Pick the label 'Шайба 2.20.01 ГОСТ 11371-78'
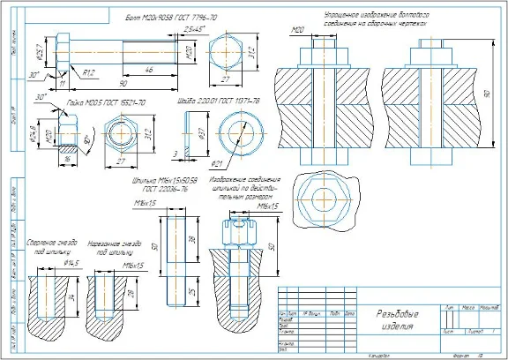221,102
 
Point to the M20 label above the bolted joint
297,31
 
